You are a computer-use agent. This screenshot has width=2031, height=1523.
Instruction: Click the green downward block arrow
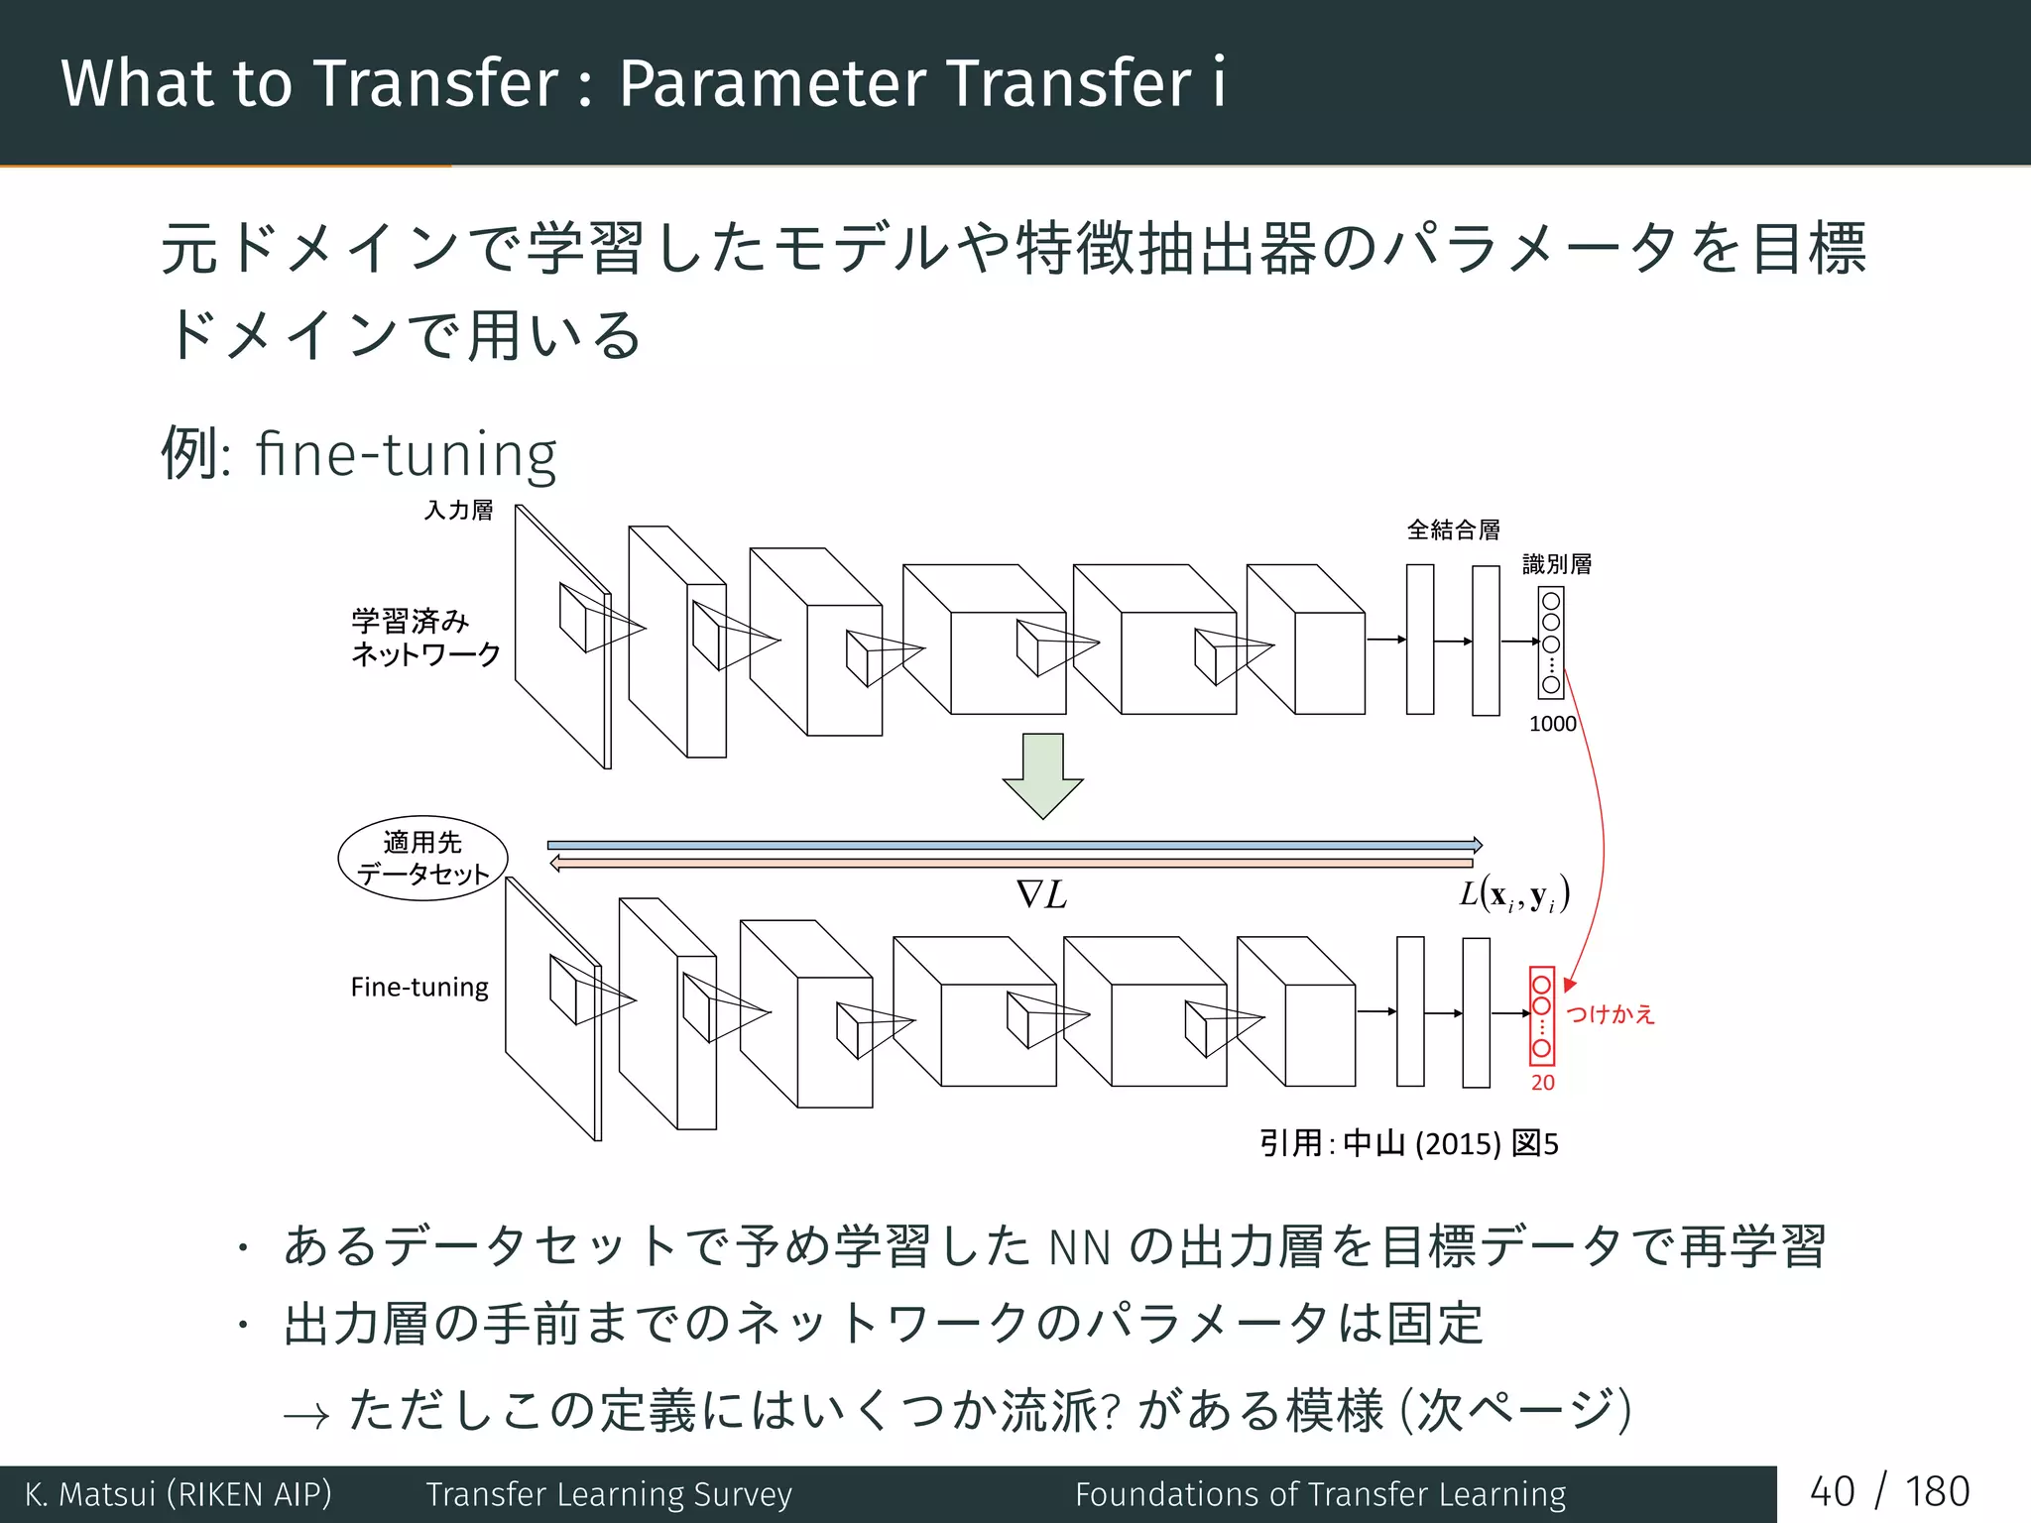[x=1042, y=774]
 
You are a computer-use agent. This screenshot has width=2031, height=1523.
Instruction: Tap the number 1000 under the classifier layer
[x=1552, y=724]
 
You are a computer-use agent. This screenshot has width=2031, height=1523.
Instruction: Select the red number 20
[x=1542, y=1083]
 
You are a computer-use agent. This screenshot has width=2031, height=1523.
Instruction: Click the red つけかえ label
[x=1611, y=1014]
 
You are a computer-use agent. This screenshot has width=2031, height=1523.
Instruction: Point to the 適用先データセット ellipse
[x=423, y=859]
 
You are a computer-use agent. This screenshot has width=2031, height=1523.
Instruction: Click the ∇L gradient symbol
[x=1041, y=895]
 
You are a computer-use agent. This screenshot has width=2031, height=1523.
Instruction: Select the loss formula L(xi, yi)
[x=1513, y=895]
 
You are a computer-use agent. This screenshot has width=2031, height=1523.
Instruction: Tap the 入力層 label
[x=459, y=511]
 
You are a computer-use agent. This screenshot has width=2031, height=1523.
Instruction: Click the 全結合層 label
[x=1453, y=530]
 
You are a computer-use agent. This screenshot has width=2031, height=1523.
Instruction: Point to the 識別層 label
[x=1557, y=564]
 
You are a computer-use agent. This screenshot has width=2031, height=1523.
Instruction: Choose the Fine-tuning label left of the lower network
[x=419, y=988]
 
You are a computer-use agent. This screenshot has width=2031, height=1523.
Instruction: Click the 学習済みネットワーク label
[x=425, y=638]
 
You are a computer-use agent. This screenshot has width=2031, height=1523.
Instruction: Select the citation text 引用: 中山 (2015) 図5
[x=1408, y=1144]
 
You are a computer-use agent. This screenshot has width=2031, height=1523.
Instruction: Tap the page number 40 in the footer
[x=1832, y=1492]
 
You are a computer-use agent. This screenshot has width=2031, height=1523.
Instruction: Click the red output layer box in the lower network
[x=1541, y=1015]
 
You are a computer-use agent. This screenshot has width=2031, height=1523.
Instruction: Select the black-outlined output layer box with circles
[x=1551, y=643]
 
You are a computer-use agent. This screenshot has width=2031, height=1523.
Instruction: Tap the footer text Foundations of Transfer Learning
[x=1320, y=1494]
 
